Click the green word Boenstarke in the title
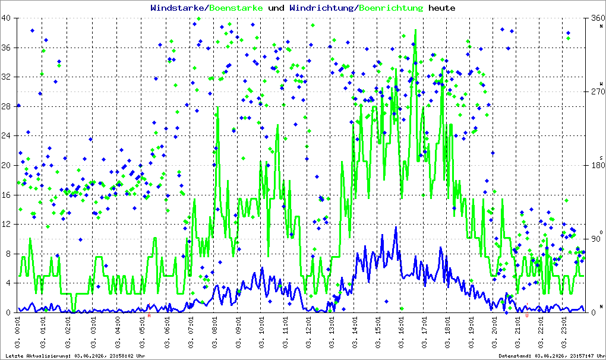pos(236,8)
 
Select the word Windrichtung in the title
pos(321,8)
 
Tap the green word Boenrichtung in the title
pos(391,8)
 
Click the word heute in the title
pos(442,8)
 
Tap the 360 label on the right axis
pos(598,18)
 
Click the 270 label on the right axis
pos(598,91)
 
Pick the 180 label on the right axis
pos(598,165)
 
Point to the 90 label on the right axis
pos(595,239)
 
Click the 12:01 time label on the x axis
pos(308,333)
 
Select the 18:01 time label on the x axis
pos(448,333)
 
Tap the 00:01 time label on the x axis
pos(17,333)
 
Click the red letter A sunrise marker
pos(149,315)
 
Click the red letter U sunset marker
pos(527,315)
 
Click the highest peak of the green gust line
pos(415,30)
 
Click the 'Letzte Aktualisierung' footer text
pos(75,356)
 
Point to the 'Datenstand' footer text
pos(550,356)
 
